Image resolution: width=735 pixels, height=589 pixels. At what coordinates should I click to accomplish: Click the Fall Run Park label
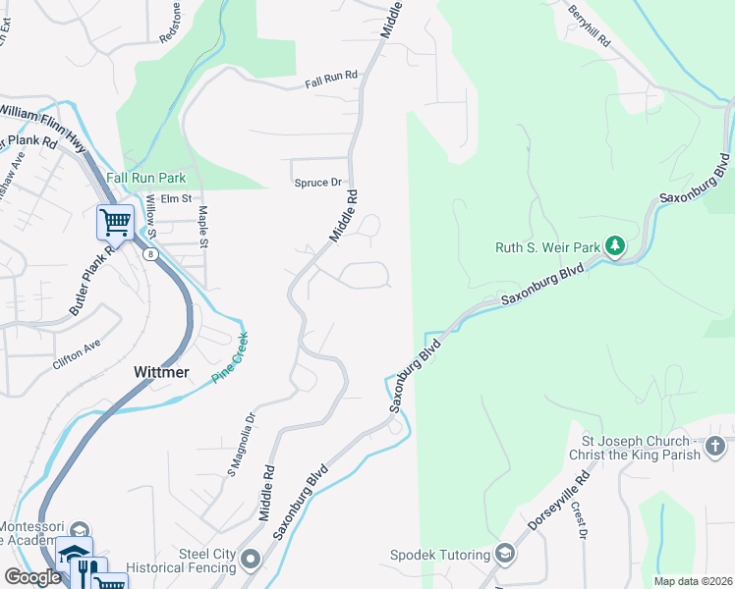click(145, 179)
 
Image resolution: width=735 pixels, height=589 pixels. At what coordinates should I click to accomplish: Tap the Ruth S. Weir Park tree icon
click(614, 244)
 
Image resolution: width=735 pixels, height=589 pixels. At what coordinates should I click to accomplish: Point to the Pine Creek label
click(233, 357)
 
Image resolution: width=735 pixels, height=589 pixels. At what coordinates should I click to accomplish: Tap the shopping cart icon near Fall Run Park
click(115, 222)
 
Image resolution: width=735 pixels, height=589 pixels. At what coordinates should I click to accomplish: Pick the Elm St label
click(176, 199)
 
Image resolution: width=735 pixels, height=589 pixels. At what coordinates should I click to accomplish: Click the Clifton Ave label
click(77, 355)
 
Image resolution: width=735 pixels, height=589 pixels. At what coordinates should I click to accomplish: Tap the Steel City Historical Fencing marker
click(251, 561)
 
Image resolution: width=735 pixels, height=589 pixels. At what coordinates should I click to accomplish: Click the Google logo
click(32, 577)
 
